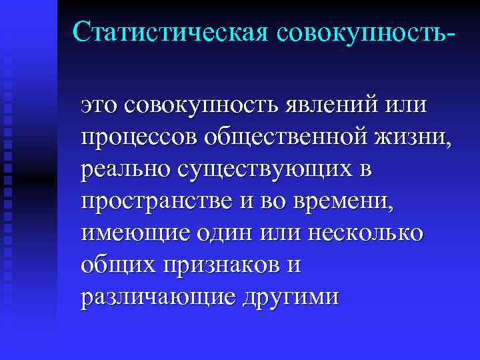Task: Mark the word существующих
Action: [x=260, y=170]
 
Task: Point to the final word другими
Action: [x=290, y=297]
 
